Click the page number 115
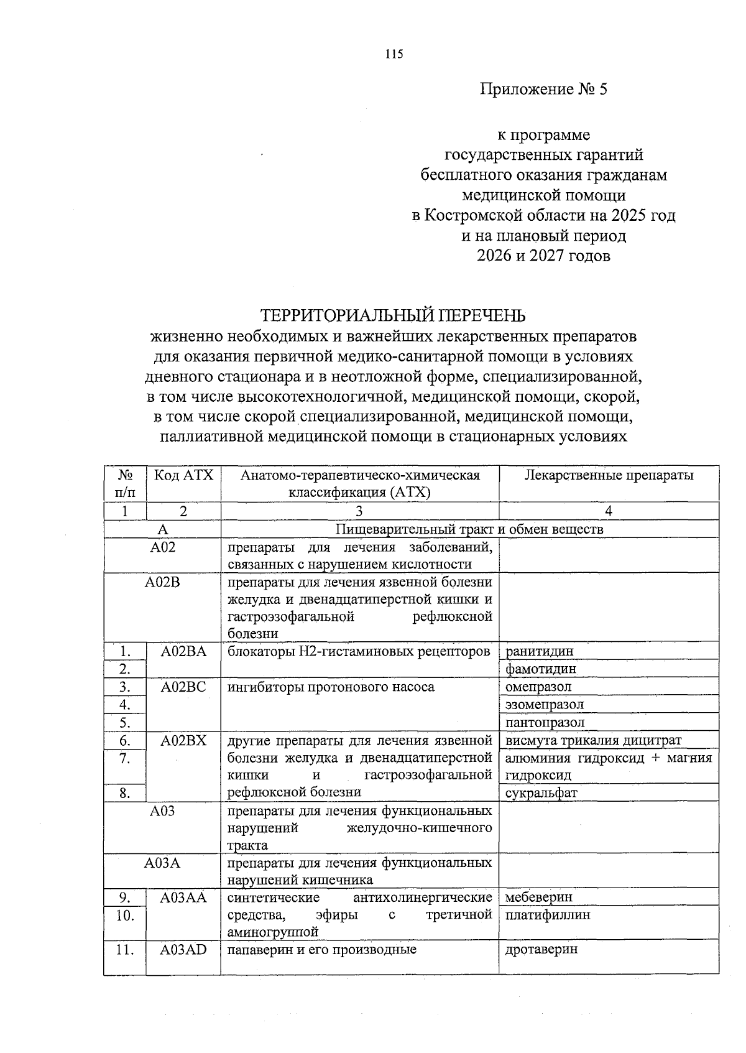pos(394,54)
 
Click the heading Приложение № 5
pos(543,90)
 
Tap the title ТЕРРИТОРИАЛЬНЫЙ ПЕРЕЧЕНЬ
pos(392,315)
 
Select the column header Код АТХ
pos(183,476)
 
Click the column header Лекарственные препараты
pos(609,476)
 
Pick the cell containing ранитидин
pos(539,651)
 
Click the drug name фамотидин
pos(540,669)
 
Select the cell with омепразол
pos(538,687)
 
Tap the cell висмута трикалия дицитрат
pos(593,740)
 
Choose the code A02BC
pos(183,687)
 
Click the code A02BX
pos(183,740)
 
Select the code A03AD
pos(183,950)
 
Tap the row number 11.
pos(126,950)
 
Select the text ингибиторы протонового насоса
pos(331,687)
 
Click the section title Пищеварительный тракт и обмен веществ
pos(469,529)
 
